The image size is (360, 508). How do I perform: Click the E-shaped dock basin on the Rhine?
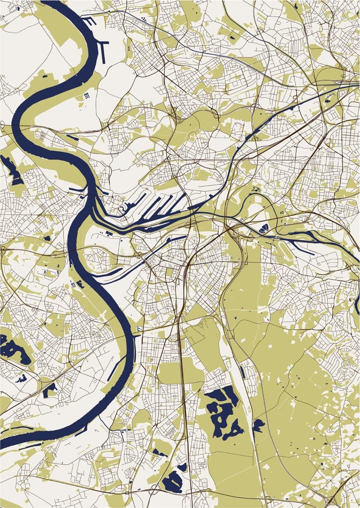pos(90,21)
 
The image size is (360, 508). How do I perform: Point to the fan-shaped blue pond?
pos(264,228)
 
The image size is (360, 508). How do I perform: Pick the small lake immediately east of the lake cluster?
pos(258,424)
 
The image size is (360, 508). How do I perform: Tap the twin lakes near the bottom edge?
pos(174,478)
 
